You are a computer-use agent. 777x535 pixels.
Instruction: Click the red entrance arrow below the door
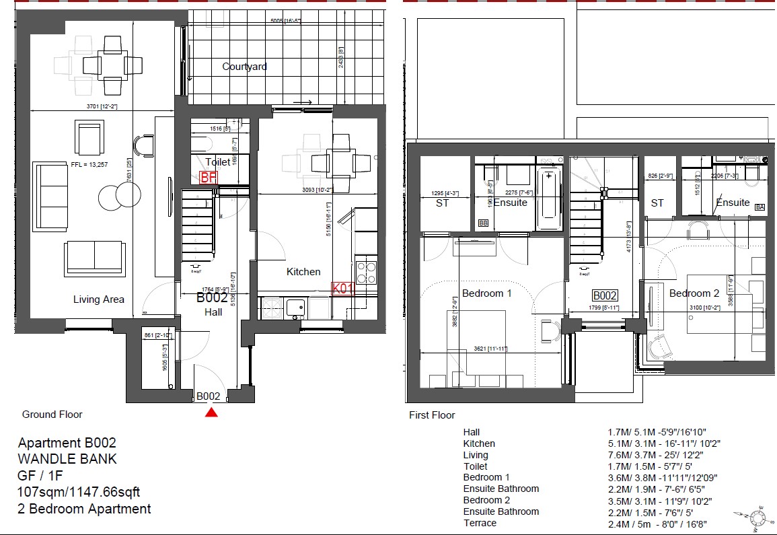click(212, 413)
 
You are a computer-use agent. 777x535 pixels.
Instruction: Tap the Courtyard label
click(244, 67)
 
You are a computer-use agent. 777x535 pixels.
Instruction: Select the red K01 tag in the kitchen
click(342, 289)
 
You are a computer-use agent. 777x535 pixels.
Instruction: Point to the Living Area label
click(99, 299)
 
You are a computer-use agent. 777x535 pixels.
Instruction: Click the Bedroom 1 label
click(487, 293)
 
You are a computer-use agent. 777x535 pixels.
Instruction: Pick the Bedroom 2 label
click(694, 293)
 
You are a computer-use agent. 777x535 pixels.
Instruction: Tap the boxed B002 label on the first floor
click(605, 295)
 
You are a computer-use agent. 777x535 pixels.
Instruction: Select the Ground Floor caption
click(52, 415)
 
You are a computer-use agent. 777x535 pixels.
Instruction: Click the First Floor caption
click(432, 415)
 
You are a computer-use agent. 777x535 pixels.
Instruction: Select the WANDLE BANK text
click(67, 459)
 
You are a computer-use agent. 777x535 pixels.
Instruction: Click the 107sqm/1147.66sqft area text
click(79, 493)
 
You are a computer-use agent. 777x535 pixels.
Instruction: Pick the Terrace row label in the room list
click(480, 523)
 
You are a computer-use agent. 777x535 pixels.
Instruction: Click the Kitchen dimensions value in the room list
click(656, 443)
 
